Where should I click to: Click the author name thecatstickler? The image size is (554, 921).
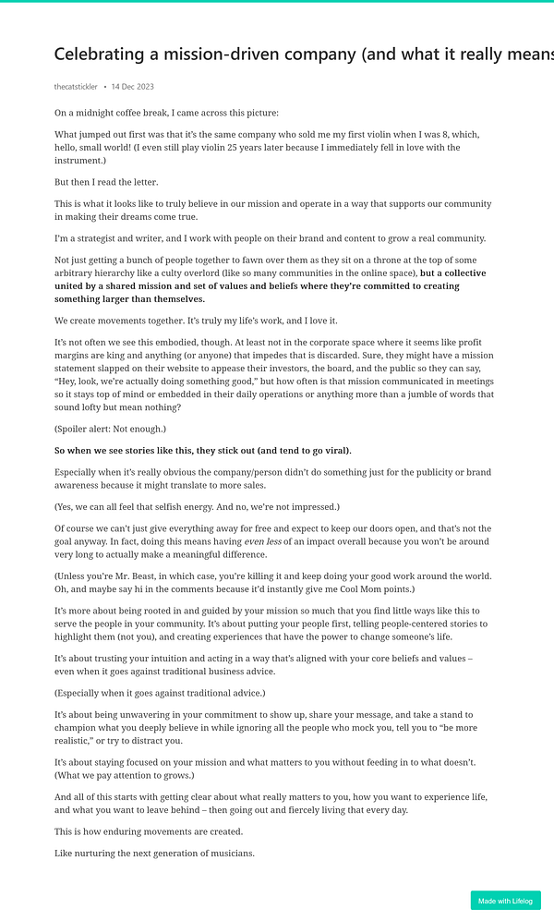[x=76, y=87]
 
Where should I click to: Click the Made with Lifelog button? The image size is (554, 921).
[x=505, y=901]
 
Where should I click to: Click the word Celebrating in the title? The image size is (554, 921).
[x=103, y=55]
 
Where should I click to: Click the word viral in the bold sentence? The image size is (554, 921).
[x=331, y=451]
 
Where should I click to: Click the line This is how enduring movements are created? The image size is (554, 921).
[x=149, y=831]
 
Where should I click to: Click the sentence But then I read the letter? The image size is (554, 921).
[x=106, y=182]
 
